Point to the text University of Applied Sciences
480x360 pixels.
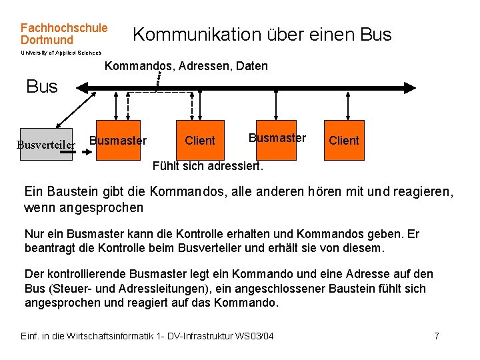pos(61,53)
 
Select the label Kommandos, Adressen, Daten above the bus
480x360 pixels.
pos(187,66)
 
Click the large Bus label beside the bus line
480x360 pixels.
pos(42,87)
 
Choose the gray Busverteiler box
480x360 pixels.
pos(46,144)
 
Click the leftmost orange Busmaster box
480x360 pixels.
pos(117,141)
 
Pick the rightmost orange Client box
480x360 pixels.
pos(344,141)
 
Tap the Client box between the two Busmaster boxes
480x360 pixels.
pos(200,141)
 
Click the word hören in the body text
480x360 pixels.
pos(325,193)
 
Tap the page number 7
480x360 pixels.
pos(437,335)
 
